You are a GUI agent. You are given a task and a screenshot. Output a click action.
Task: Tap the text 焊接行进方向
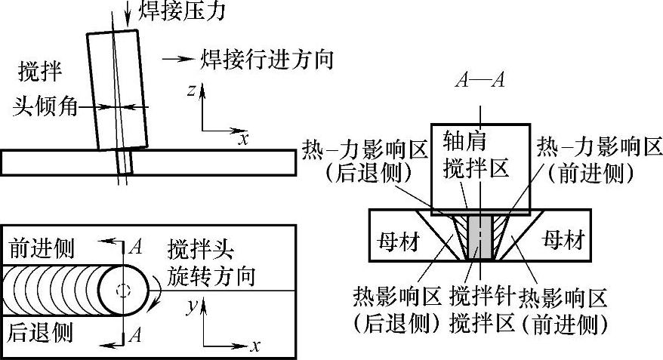click(x=267, y=59)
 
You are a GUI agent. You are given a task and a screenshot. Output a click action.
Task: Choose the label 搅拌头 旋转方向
click(x=211, y=262)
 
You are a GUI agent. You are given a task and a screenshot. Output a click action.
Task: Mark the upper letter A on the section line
click(x=135, y=247)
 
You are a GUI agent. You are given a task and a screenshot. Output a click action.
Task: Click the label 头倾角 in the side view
click(x=46, y=106)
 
